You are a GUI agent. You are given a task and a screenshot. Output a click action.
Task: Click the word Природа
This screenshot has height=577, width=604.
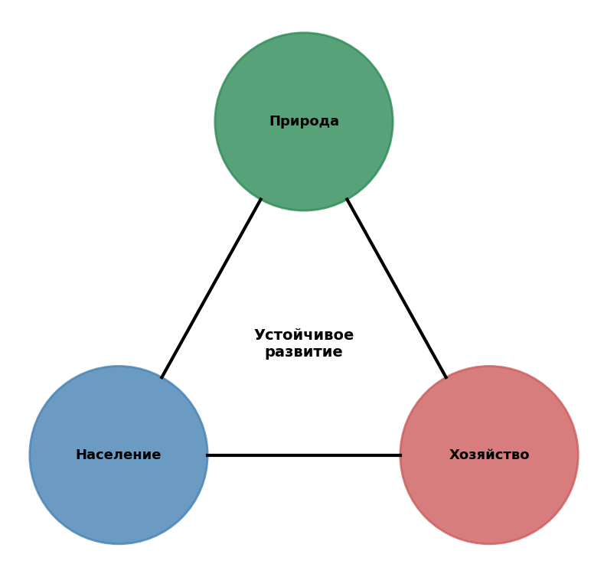point(304,122)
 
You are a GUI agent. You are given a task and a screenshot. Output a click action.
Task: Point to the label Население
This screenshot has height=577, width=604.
point(119,455)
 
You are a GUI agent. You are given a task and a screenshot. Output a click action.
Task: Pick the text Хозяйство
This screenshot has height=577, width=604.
point(489,455)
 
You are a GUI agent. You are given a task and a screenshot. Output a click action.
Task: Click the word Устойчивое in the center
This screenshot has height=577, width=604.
point(304,335)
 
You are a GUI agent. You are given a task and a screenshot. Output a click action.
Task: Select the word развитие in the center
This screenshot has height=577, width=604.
point(304,353)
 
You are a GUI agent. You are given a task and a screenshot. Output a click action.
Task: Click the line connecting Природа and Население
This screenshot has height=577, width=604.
point(211,288)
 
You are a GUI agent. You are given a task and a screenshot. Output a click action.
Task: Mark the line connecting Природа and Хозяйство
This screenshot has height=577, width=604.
point(397,288)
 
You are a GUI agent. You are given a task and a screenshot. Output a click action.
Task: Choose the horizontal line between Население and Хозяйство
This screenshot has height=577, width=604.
point(304,455)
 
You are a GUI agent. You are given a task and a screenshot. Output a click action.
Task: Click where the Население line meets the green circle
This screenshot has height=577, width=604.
point(261,199)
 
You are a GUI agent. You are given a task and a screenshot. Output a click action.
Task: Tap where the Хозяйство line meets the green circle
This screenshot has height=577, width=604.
point(347,199)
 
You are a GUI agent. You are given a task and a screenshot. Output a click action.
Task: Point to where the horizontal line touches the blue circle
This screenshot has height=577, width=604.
point(207,455)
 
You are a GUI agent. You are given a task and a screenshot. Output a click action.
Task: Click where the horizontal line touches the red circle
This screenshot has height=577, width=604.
point(400,455)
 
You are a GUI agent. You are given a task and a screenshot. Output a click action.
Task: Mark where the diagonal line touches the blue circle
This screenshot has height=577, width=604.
point(162,377)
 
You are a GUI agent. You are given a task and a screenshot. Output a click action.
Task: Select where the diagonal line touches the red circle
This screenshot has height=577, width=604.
point(446,377)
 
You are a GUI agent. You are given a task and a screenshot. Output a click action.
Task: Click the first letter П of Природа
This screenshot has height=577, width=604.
point(274,122)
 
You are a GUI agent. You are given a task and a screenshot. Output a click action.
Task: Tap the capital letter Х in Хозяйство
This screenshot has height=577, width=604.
point(453,455)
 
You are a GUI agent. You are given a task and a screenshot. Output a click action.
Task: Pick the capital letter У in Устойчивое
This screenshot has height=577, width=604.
point(260,335)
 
